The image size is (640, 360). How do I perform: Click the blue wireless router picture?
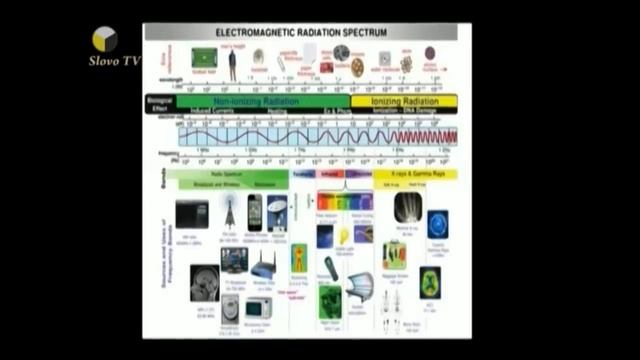pos(263,266)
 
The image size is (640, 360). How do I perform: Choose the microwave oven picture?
pos(259,307)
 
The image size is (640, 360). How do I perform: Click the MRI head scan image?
pos(204,281)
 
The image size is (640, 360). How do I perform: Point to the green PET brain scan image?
pos(430,281)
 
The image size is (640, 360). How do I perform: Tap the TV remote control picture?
pos(332,269)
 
